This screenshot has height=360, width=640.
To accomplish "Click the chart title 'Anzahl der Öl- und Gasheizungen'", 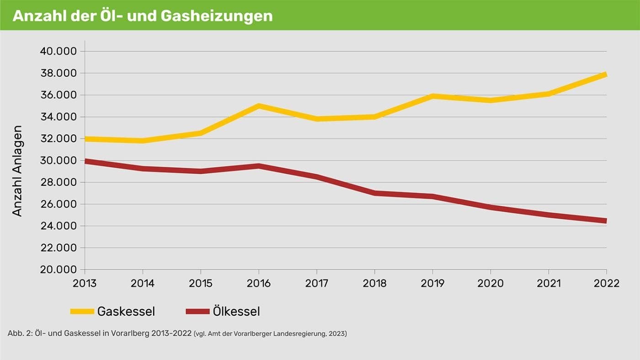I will pos(142,16).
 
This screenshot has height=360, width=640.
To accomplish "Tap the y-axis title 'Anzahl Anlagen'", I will pos(17,171).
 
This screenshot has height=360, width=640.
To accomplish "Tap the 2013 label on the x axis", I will pos(85,284).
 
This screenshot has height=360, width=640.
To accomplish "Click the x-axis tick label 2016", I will pos(259,284).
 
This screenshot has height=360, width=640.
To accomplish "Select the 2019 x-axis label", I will pos(432,284).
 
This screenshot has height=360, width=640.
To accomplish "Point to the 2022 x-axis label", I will pos(606,284).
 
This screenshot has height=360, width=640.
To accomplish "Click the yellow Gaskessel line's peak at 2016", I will pos(259,106).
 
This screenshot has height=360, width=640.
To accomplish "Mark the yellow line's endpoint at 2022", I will pos(605,75).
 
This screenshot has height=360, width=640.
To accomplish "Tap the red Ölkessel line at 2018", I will pos(374,193).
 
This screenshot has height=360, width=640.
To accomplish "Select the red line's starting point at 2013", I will pos(86,161).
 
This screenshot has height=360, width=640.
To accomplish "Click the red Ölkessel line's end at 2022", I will pos(605,220).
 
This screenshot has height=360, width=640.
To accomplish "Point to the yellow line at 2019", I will pos(432,96).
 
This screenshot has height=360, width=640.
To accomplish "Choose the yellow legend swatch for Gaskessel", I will pos(82,312).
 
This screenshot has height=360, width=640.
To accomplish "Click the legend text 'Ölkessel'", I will pos(236,312).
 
